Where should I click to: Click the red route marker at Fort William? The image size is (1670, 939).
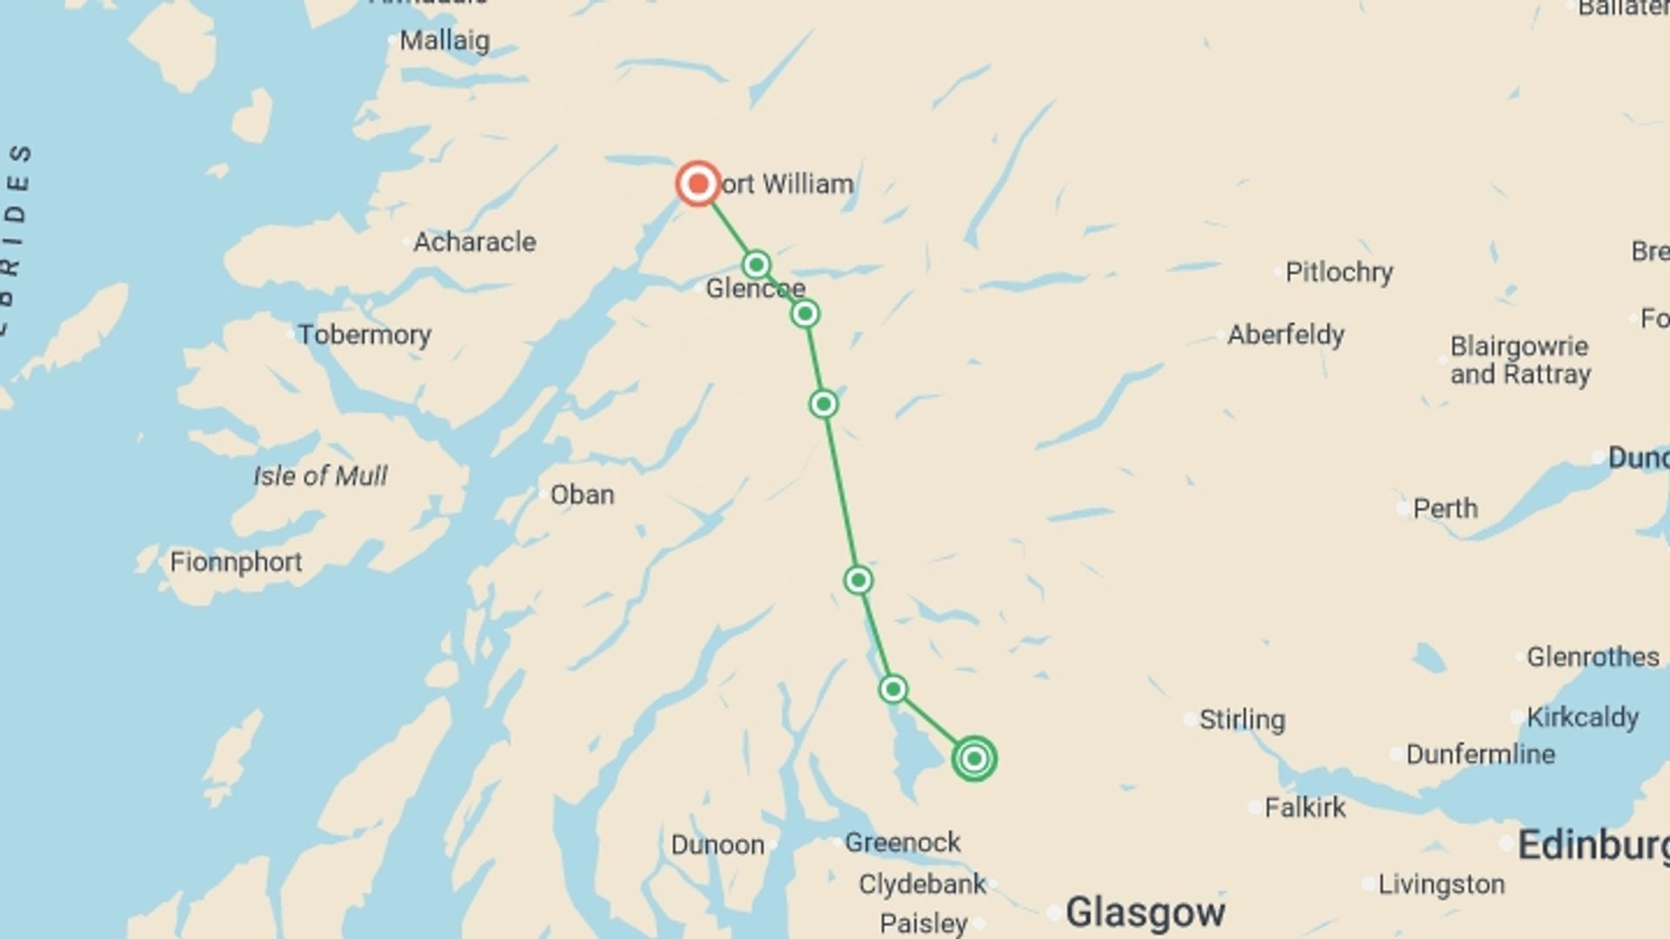coord(698,183)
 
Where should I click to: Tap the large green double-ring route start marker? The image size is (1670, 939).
coord(974,758)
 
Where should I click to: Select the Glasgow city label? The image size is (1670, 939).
coord(1145,912)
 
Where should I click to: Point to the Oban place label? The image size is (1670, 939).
coord(582,495)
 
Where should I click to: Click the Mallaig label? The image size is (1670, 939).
coord(444,40)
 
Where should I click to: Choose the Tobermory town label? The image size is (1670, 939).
coord(364,335)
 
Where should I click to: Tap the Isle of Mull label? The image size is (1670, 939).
coord(320,476)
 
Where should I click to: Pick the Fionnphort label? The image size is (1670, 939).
coord(236,562)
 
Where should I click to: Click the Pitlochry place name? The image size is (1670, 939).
coord(1339,272)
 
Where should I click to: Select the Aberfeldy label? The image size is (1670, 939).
coord(1286,335)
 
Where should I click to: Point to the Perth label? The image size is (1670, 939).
coord(1445,509)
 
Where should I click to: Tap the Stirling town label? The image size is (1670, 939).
coord(1241,720)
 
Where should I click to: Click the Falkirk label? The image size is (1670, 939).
coord(1305,808)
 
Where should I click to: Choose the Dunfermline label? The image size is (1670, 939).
coord(1480,754)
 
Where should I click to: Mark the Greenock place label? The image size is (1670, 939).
coord(902,842)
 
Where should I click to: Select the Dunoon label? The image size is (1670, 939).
coord(718,844)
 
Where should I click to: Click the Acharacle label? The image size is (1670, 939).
coord(474,242)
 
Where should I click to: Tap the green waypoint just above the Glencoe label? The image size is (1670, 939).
coord(756,264)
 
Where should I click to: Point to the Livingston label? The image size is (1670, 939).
coord(1441,884)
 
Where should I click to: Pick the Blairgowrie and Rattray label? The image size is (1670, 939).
coord(1520,360)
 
